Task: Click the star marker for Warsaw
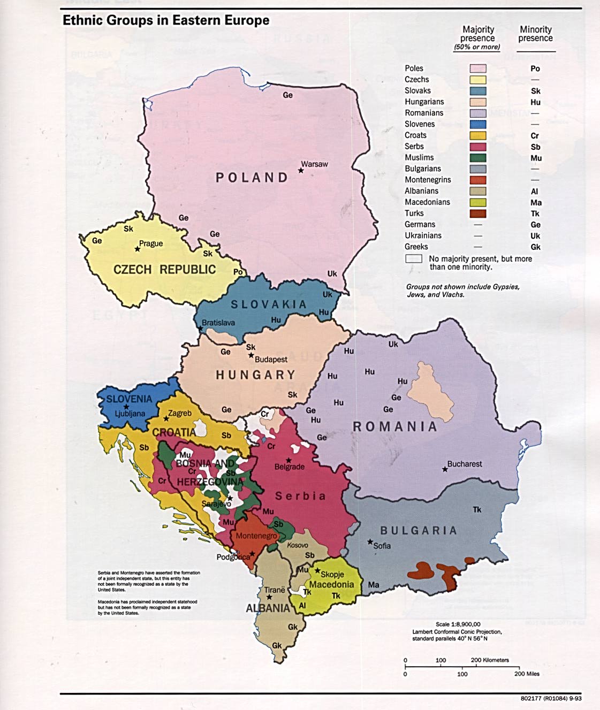(301, 171)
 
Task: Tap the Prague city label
(151, 243)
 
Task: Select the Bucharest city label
(465, 464)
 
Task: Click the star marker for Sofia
(370, 542)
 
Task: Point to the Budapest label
(271, 360)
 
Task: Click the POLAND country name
(252, 178)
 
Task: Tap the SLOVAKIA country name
(269, 304)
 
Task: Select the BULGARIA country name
(419, 530)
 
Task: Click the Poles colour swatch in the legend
(477, 68)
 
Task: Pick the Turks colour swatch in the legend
(477, 213)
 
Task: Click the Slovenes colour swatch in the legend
(477, 124)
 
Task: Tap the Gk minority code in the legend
(535, 247)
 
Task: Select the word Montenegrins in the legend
(428, 180)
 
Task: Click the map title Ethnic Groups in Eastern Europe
(166, 21)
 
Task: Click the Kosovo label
(298, 545)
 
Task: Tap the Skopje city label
(332, 574)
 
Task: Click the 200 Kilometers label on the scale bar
(490, 660)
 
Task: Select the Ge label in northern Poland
(287, 95)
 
